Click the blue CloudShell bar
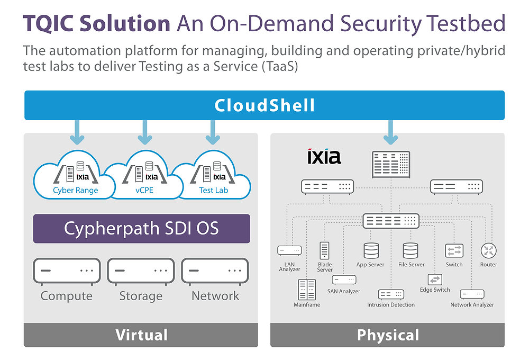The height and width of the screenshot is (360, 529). tap(264, 105)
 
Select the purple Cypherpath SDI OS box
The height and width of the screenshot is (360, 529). tap(141, 229)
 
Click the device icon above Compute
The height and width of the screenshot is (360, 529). tap(67, 271)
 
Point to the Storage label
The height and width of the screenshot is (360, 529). tap(141, 296)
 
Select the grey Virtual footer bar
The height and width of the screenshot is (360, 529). tap(141, 335)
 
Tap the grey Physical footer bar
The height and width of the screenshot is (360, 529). tap(388, 335)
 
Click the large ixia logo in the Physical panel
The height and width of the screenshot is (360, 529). tap(324, 157)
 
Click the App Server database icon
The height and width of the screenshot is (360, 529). tap(371, 251)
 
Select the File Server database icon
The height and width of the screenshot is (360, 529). tap(411, 251)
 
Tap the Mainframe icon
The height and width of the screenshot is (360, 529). tap(306, 289)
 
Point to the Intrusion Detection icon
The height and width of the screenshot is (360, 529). tap(391, 294)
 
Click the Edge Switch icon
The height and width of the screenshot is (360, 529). tap(434, 280)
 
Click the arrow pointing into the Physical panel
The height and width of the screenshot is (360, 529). tap(391, 132)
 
